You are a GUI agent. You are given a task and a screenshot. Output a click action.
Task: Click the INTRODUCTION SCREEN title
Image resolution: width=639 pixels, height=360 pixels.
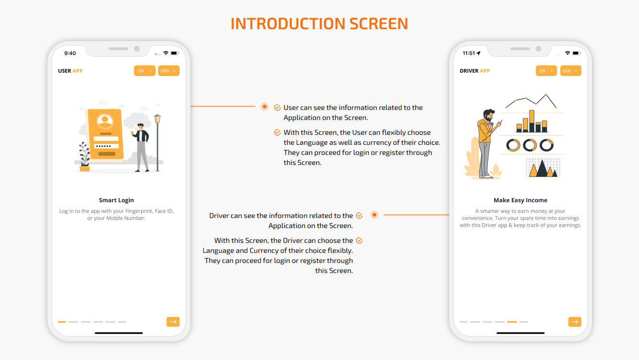[319, 24]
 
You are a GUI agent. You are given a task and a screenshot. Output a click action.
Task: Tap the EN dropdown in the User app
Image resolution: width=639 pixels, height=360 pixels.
[144, 71]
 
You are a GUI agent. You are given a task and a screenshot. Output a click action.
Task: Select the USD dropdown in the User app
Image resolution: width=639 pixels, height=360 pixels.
[168, 71]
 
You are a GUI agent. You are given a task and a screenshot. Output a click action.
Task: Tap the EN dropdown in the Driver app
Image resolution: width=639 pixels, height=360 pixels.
[546, 71]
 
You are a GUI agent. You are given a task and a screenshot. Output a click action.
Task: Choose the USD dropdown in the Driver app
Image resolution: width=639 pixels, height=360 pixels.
[570, 71]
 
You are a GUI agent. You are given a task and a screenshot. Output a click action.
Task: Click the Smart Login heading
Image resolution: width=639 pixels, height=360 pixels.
[116, 200]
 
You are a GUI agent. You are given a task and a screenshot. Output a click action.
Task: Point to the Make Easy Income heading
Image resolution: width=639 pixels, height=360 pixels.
[520, 200]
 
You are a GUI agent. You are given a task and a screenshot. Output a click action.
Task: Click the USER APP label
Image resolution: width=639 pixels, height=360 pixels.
[70, 71]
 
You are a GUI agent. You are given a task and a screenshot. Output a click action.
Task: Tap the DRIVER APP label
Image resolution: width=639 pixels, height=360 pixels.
[474, 71]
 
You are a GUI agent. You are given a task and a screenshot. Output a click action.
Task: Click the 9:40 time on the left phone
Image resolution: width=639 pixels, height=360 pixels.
[70, 53]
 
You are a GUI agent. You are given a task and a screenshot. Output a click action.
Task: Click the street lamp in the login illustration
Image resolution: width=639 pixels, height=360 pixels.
[157, 142]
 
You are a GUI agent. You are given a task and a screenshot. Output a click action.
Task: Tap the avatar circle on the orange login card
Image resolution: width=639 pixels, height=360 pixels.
[105, 120]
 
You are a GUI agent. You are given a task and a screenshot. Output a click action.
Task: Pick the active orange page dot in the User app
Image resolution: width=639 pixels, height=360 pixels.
[62, 322]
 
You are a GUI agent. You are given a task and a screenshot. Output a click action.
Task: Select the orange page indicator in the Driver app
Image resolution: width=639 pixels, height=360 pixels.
[512, 322]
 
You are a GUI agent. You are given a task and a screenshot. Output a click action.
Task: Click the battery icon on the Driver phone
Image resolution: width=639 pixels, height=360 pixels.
[577, 53]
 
